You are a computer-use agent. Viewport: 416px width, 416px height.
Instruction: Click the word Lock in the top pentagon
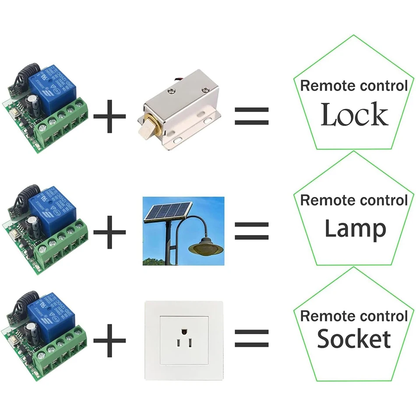[354, 115]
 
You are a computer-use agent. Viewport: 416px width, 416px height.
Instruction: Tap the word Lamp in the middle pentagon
[355, 229]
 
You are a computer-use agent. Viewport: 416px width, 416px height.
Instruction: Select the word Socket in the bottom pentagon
[354, 339]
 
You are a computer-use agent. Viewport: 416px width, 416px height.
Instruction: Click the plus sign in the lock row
[109, 116]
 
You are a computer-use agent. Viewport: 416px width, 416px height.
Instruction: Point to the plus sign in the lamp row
[109, 230]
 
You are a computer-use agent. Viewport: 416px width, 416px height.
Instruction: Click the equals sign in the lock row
[251, 116]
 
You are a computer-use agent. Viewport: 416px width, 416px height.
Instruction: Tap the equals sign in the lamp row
[251, 230]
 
